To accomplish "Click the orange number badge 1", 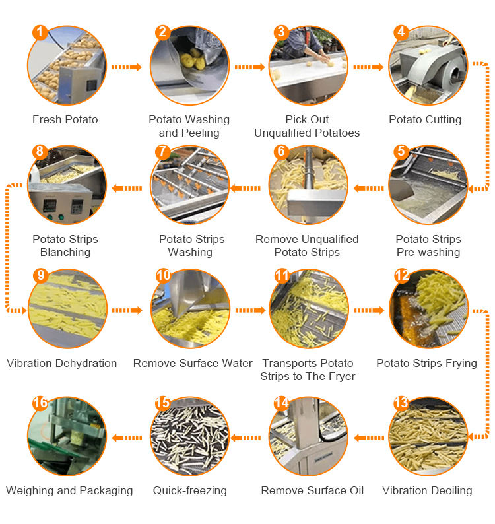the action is pyautogui.click(x=40, y=33).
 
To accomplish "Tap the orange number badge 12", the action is pyautogui.click(x=401, y=276).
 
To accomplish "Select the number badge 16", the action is pyautogui.click(x=40, y=403).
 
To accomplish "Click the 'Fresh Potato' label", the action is pyautogui.click(x=65, y=119).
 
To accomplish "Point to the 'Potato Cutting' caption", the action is pyautogui.click(x=425, y=119).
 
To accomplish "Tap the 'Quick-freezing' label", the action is pyautogui.click(x=190, y=490).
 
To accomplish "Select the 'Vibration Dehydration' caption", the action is pyautogui.click(x=62, y=363).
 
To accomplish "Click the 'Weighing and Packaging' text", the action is pyautogui.click(x=69, y=490).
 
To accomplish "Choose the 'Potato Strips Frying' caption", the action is pyautogui.click(x=427, y=363).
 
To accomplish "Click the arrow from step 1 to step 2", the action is pyautogui.click(x=126, y=67).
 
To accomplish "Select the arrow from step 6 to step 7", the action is pyautogui.click(x=246, y=189).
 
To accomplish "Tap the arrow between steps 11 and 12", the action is pyautogui.click(x=369, y=310).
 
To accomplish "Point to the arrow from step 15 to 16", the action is pyautogui.click(x=127, y=438).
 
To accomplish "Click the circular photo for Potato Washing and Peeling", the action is pyautogui.click(x=189, y=65).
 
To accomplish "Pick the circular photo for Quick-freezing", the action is pyautogui.click(x=190, y=436).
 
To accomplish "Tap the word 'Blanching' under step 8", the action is pyautogui.click(x=65, y=252).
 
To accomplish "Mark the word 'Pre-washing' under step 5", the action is pyautogui.click(x=428, y=252).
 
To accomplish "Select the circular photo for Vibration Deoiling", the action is pyautogui.click(x=428, y=436).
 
